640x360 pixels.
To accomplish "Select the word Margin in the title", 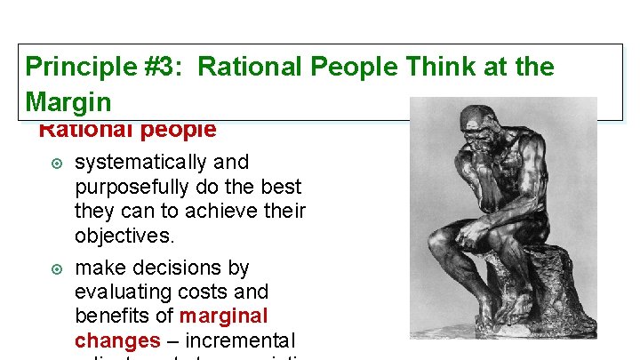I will click(x=68, y=101).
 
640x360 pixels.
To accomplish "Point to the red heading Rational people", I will click(x=127, y=131).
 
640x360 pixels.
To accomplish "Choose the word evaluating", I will click(x=117, y=292).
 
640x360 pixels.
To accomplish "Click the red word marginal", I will click(x=223, y=316).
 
